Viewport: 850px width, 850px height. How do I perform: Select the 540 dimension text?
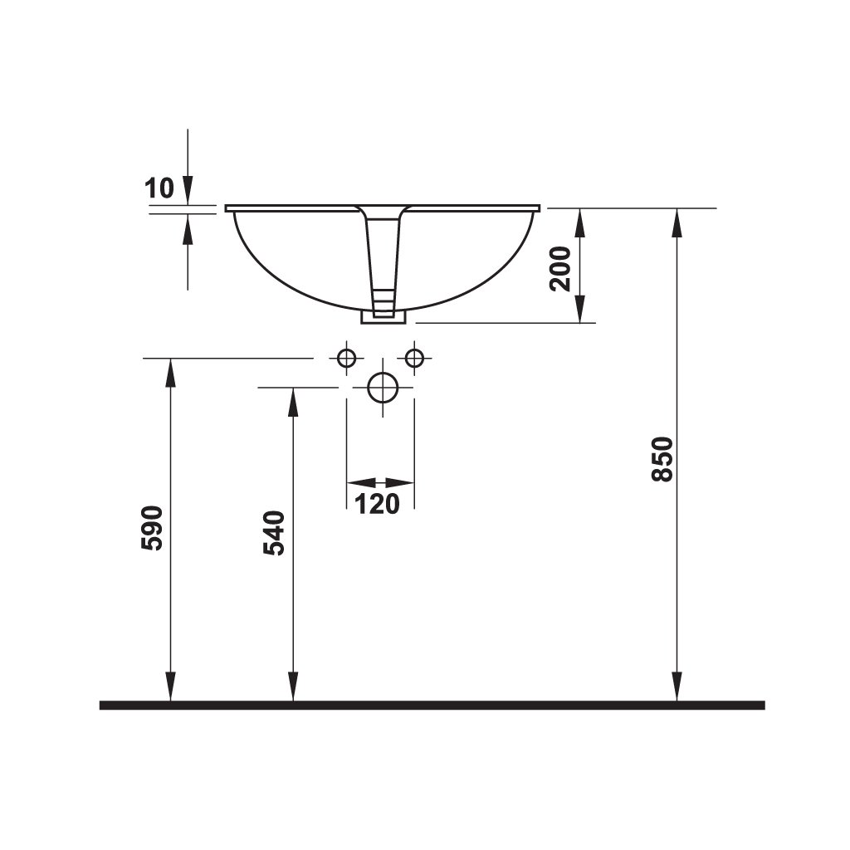(275, 533)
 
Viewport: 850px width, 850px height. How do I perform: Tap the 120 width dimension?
(379, 502)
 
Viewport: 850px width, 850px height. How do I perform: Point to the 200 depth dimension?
(561, 267)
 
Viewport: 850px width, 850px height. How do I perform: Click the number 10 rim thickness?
(159, 188)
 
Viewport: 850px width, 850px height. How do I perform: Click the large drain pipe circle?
(383, 388)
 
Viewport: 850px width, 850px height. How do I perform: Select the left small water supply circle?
(347, 358)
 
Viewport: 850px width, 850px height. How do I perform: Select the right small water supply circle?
(414, 358)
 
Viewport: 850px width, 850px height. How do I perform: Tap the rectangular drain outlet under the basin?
(383, 316)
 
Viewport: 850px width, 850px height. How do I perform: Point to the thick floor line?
(432, 705)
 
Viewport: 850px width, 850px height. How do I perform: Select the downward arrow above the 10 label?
(188, 188)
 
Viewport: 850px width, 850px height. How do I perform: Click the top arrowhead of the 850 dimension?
(678, 222)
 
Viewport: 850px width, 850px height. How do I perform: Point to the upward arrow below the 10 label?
(188, 228)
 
